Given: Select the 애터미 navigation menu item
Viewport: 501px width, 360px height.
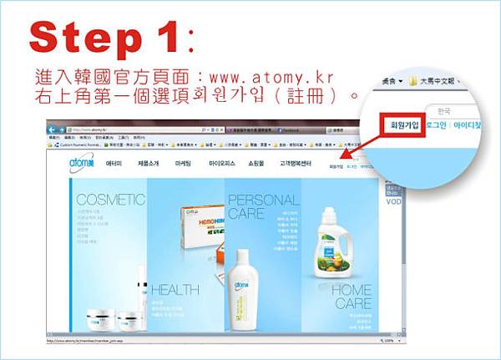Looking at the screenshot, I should tap(114, 165).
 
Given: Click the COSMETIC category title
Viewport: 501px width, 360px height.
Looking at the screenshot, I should tap(110, 200).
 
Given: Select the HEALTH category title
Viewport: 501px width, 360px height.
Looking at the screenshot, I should tap(175, 290).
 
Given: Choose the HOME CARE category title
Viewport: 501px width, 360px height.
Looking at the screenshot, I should tap(352, 297).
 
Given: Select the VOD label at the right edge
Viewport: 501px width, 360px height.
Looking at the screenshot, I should tap(393, 201).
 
